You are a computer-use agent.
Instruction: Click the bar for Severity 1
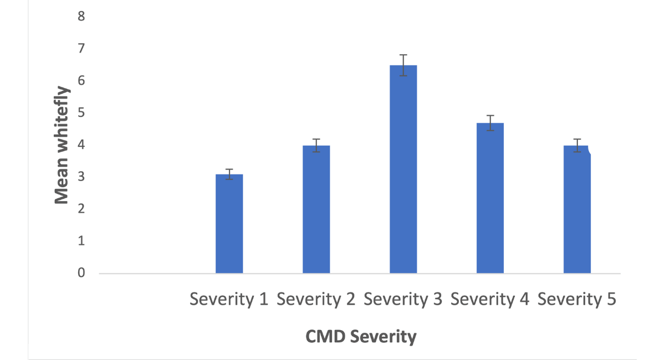coord(229,224)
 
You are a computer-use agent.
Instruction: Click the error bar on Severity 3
coord(403,65)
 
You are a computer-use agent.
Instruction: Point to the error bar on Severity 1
coord(229,174)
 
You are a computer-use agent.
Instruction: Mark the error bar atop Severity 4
coord(490,123)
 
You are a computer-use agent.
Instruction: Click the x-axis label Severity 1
coord(229,300)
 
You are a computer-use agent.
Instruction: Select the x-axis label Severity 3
coord(403,300)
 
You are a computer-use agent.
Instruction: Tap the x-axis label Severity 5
coord(577,300)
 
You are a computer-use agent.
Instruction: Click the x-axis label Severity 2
coord(316,300)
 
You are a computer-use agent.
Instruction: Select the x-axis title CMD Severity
coord(361,336)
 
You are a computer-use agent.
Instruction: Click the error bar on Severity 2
coord(316,146)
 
